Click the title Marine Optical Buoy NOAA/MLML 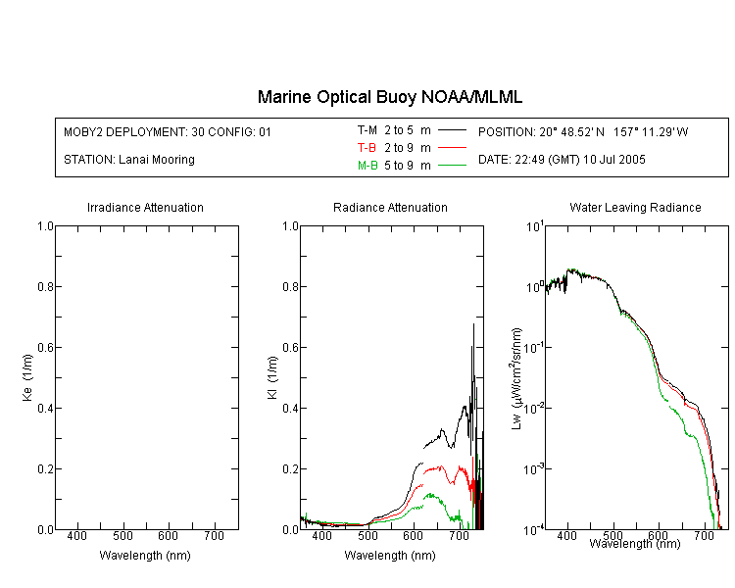389,97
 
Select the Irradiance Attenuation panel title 145,207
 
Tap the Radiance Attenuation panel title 390,207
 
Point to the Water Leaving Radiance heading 635,207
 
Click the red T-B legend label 367,148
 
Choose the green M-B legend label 367,166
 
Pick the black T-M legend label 367,130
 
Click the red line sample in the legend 452,148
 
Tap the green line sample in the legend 452,166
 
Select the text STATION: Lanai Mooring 129,160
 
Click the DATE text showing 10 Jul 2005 562,160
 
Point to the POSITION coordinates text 583,131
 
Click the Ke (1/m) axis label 27,377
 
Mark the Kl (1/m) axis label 272,377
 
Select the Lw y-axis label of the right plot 516,378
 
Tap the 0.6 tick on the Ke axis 45,347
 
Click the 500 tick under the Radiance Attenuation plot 367,535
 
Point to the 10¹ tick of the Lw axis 535,226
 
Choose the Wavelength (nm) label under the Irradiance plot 145,556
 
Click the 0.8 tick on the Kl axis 291,286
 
